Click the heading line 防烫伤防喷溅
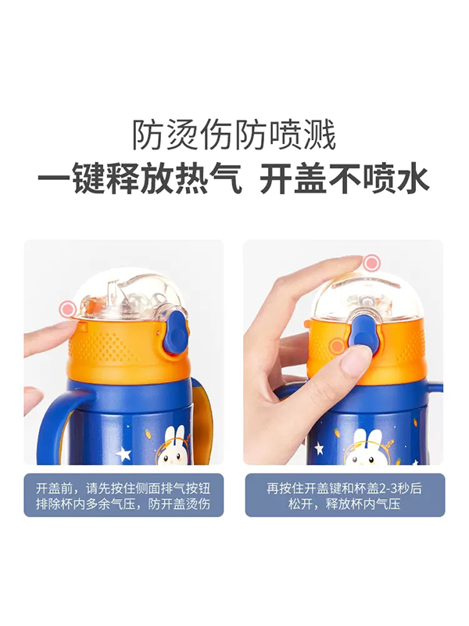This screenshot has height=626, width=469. [234, 135]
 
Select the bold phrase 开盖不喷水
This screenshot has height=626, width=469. [344, 179]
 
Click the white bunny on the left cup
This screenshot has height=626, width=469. [177, 442]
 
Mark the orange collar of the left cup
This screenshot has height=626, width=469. [117, 348]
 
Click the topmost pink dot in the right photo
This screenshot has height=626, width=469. [372, 264]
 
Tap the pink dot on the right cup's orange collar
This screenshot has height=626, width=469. [337, 345]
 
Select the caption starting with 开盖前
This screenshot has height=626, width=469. [124, 495]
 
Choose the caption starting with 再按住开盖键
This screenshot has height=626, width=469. [344, 495]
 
